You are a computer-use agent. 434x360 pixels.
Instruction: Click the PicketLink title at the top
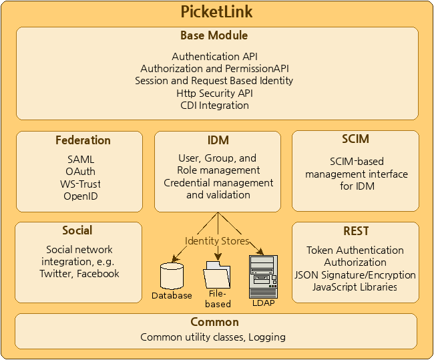pos(217,12)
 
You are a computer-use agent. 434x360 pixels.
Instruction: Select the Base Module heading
pos(214,35)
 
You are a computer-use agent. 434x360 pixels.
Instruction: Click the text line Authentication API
pos(214,57)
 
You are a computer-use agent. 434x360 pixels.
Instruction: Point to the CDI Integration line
pos(214,105)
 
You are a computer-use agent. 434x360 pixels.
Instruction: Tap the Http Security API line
pos(214,93)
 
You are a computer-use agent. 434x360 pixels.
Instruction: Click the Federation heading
pos(83,140)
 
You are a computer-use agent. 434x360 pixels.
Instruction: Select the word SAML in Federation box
pos(81,160)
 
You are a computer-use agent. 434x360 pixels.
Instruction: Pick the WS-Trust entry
pos(81,184)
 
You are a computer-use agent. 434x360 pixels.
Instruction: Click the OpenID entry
pos(81,196)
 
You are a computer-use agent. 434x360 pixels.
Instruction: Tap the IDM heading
pos(218,140)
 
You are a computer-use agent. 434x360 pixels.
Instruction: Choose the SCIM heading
pos(355,140)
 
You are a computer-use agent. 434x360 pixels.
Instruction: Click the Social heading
pos(77,230)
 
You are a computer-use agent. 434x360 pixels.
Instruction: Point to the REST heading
pos(356,231)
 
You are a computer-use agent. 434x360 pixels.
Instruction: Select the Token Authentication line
pos(355,250)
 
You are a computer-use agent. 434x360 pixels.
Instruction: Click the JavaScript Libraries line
pos(355,287)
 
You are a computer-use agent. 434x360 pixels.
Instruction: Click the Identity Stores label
pos(217,241)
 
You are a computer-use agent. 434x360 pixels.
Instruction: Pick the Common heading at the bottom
pos(214,322)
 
